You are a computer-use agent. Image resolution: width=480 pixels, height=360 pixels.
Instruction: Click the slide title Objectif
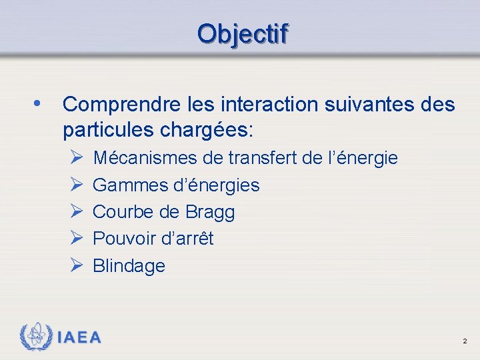(243, 33)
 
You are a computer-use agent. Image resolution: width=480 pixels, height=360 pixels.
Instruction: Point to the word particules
(104, 129)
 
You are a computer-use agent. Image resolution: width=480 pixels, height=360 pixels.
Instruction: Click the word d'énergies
(214, 185)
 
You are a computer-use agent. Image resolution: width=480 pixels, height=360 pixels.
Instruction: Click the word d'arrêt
(188, 239)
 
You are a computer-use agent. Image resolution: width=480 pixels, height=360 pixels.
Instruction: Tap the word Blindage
(129, 266)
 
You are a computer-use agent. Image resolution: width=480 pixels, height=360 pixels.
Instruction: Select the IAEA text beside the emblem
(80, 337)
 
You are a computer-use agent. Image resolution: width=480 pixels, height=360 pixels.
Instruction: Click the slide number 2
(465, 341)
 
